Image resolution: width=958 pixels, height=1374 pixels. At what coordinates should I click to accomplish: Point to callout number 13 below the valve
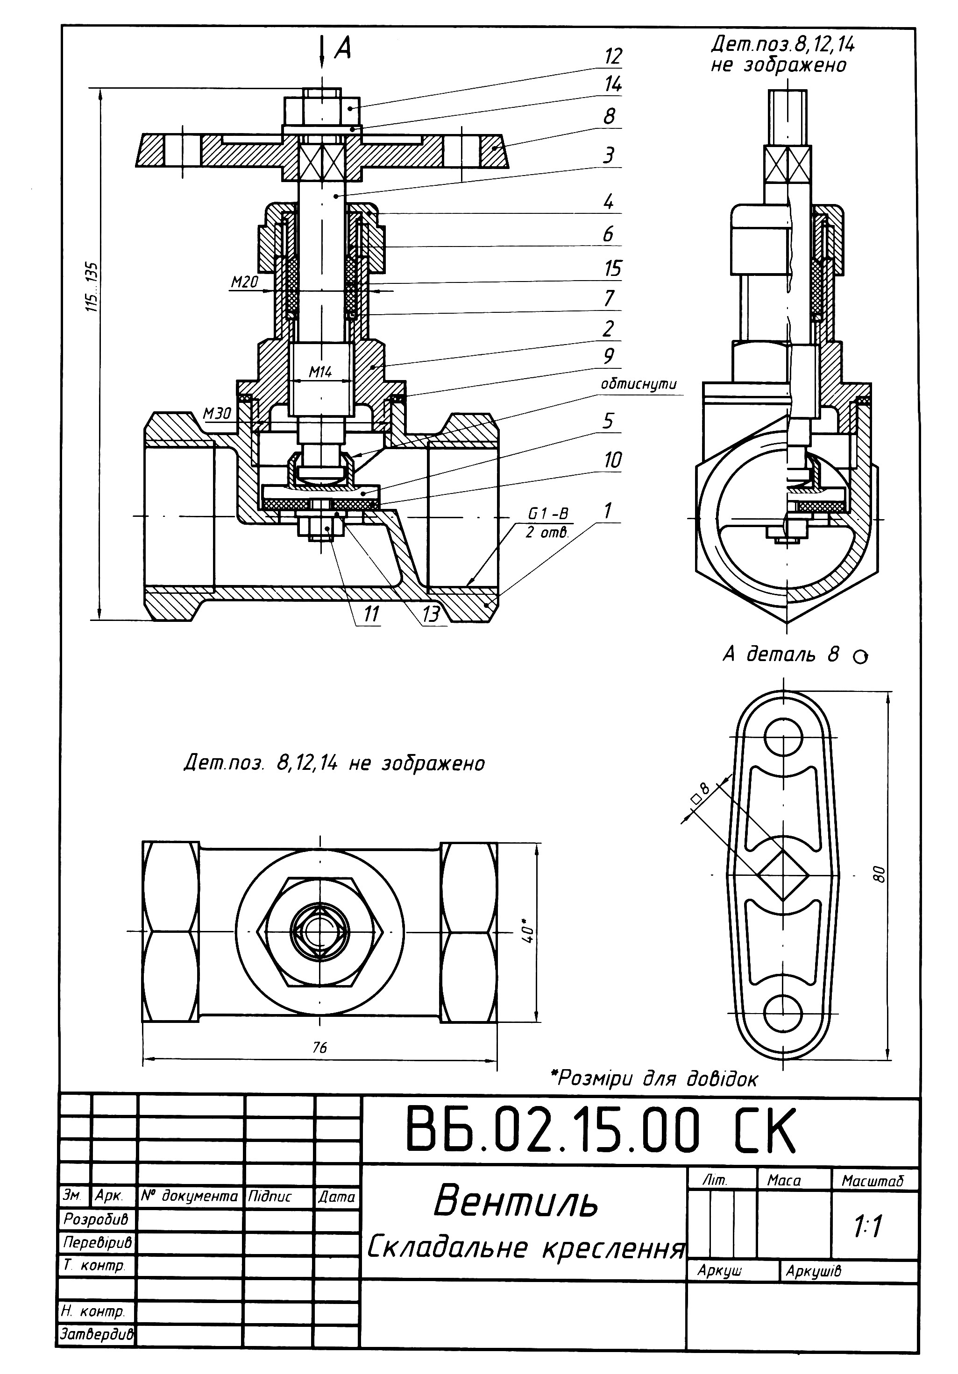click(x=431, y=614)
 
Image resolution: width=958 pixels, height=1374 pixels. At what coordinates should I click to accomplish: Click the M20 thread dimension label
click(x=244, y=282)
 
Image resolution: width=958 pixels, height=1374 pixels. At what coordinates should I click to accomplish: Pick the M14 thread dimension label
click(x=320, y=372)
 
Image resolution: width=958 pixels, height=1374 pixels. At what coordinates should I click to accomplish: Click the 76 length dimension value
click(x=320, y=1047)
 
